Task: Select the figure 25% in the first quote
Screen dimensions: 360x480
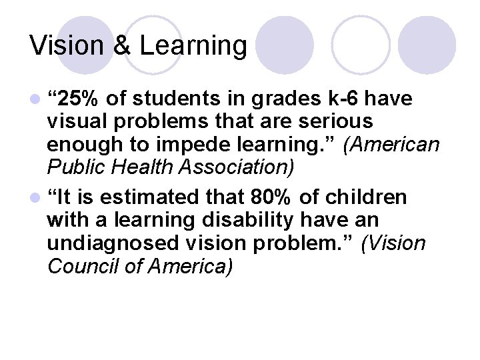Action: pyautogui.click(x=79, y=100)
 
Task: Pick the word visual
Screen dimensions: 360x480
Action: pyautogui.click(x=76, y=122)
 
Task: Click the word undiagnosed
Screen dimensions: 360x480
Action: pyautogui.click(x=114, y=243)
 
